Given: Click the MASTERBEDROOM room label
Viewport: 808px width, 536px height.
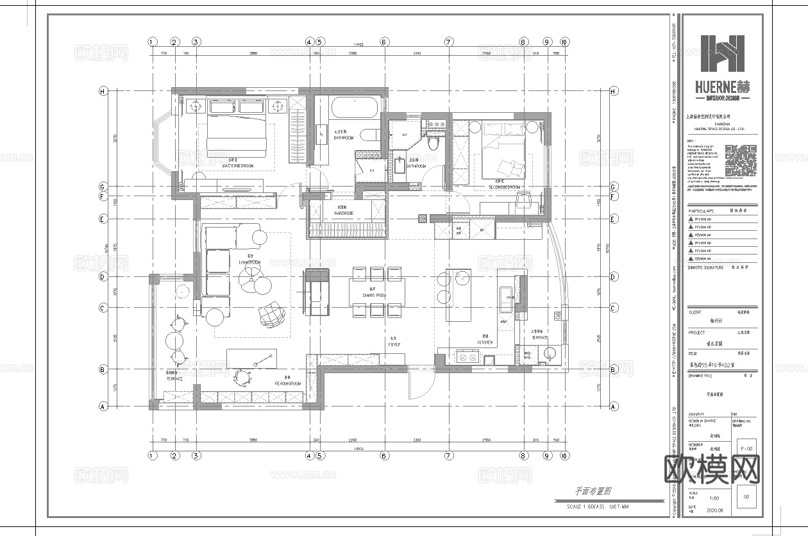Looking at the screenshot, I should [237, 166].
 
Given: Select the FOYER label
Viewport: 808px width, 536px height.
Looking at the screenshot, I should [394, 345].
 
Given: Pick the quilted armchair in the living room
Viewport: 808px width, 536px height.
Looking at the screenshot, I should [271, 314].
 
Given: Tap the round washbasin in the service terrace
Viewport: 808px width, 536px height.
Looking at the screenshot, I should [549, 355].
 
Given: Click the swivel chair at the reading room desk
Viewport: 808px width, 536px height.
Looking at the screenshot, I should [242, 378].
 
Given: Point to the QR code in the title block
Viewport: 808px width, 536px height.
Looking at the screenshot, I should [741, 160].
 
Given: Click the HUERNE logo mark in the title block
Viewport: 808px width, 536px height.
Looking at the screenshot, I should [722, 54].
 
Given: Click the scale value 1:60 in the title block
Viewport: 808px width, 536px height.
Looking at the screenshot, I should [713, 498].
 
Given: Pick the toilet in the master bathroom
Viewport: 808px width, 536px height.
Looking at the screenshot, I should [367, 135].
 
